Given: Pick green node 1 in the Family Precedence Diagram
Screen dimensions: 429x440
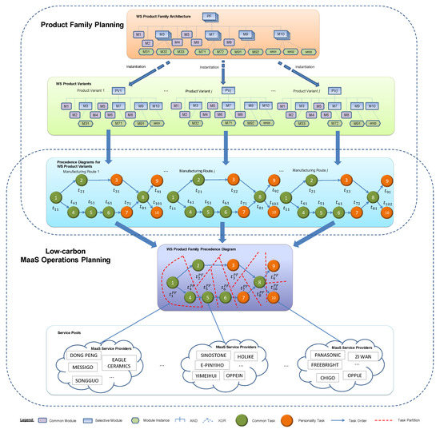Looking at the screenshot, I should [x=171, y=281].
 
